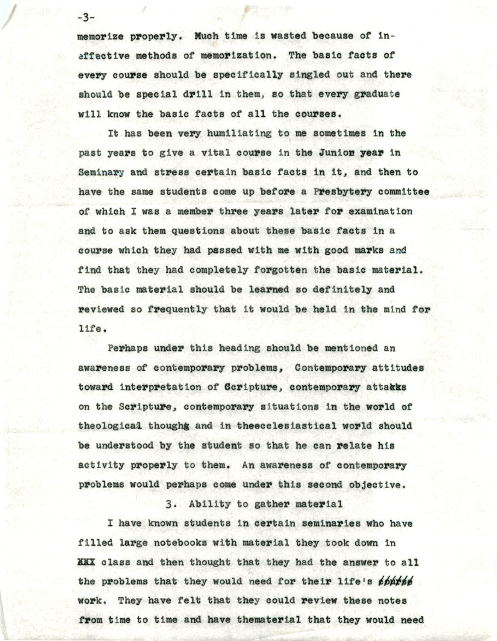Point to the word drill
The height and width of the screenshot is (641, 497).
[196, 95]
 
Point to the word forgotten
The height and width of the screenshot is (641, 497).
[268, 270]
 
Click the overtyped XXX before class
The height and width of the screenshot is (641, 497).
[87, 562]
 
